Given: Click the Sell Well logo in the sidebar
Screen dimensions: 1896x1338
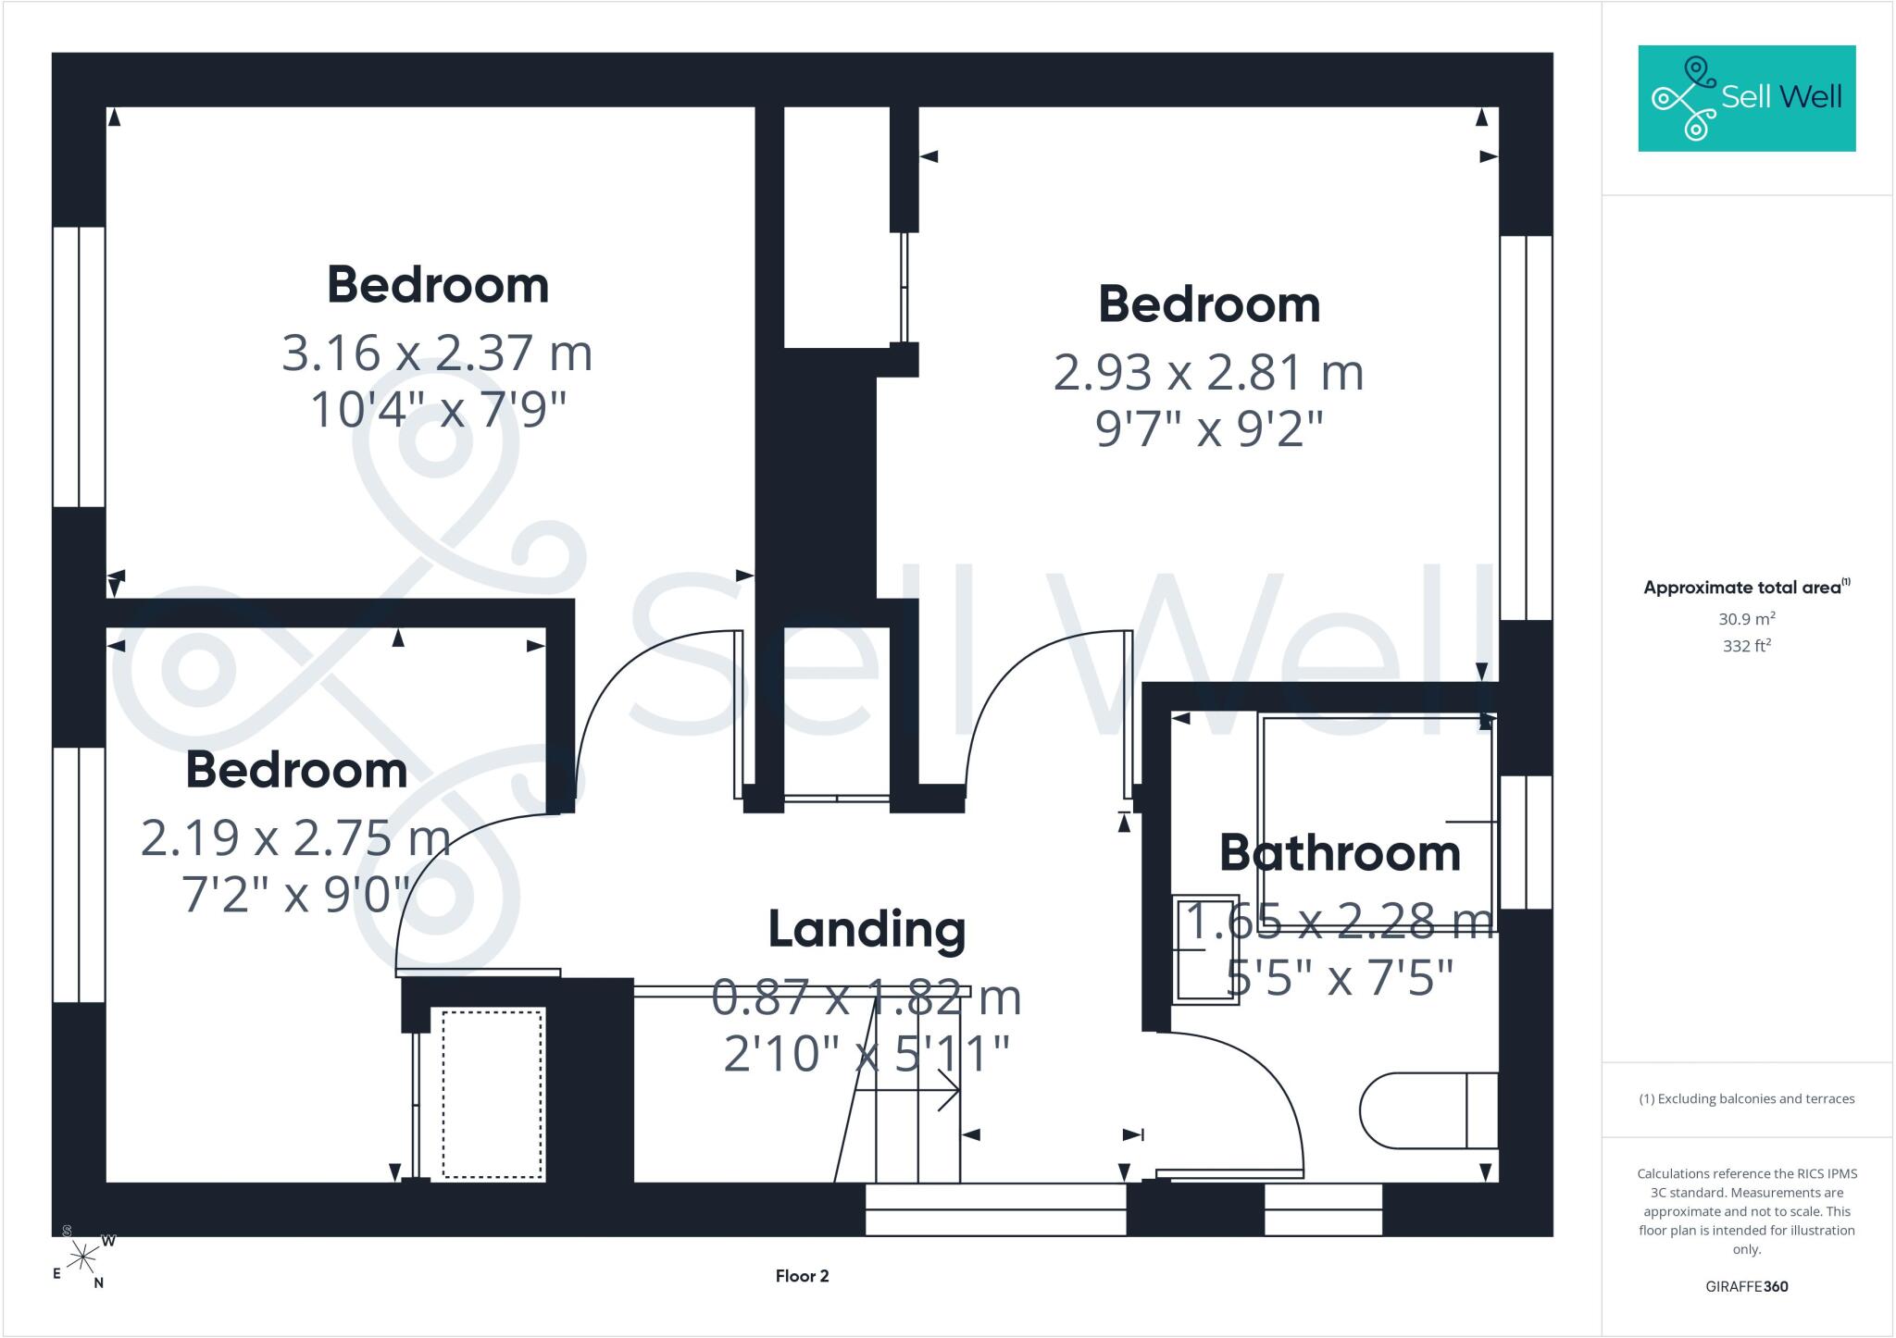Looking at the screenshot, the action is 1747,98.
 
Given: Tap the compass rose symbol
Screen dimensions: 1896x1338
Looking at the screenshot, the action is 83,1257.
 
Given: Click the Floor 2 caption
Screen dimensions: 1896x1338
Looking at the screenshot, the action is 802,1276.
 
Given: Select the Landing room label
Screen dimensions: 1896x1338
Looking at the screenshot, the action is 867,930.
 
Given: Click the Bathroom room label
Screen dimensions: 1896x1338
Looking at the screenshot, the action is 1340,852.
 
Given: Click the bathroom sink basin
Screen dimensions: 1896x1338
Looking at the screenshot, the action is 1206,949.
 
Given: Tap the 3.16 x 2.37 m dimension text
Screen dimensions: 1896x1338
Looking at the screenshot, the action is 437,353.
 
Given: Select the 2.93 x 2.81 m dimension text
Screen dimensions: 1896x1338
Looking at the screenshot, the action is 1209,373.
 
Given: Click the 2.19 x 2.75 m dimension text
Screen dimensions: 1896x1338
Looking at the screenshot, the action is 296,838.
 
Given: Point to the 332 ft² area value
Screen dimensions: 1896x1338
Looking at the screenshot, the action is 1747,646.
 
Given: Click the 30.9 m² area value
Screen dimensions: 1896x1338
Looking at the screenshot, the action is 1747,619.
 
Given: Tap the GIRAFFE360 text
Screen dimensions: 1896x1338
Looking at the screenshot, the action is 1747,1286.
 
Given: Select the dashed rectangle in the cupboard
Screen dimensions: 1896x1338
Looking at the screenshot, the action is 493,1095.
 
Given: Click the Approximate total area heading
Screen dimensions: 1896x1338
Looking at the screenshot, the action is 1747,587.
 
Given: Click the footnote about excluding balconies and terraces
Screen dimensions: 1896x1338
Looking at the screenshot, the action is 1747,1099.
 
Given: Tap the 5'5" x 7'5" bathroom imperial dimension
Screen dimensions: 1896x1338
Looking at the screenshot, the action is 1340,977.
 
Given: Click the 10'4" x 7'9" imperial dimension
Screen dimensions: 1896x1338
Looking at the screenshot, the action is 437,410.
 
